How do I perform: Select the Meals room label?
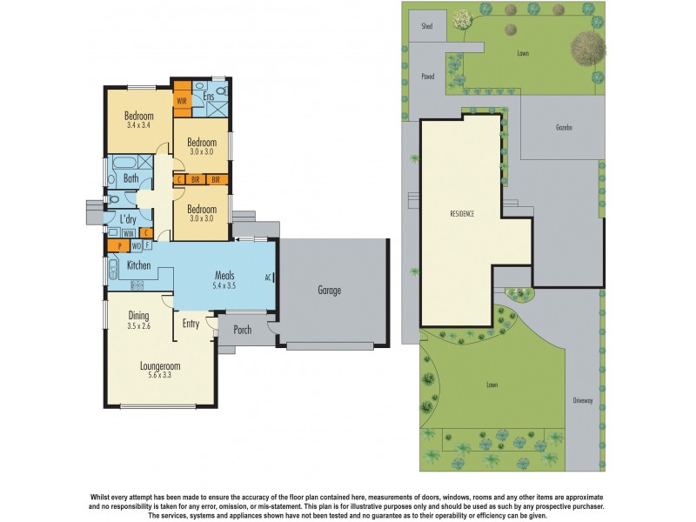225,280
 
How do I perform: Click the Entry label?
191,324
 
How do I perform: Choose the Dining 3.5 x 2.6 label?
138,321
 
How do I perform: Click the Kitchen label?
140,264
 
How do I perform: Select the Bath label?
131,178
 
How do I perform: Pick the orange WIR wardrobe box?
182,100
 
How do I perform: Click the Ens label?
209,97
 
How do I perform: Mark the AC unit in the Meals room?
270,278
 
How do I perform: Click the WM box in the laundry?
127,233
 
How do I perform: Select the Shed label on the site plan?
427,26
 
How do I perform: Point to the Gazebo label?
564,127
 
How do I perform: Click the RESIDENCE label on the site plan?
462,214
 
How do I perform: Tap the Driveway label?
582,400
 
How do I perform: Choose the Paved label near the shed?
427,76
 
